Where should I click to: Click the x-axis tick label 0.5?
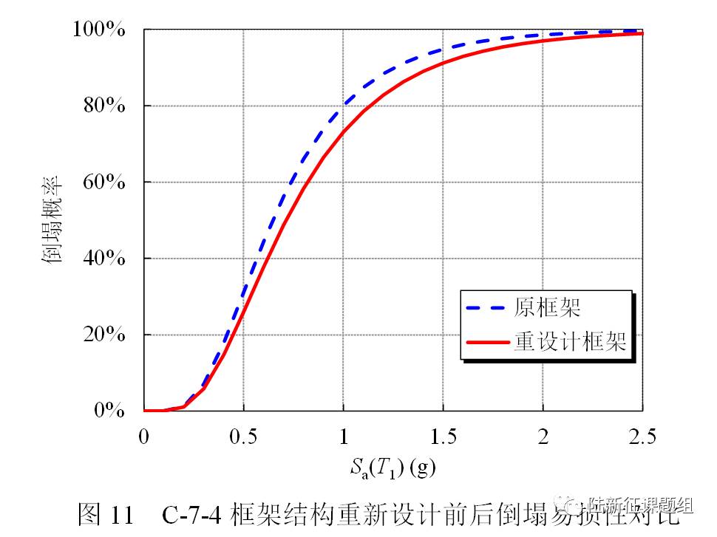pyautogui.click(x=243, y=437)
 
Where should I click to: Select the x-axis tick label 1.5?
pyautogui.click(x=443, y=437)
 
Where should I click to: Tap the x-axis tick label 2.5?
pyautogui.click(x=642, y=437)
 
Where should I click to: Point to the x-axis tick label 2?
pyautogui.click(x=543, y=437)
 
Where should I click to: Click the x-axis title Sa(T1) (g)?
pyautogui.click(x=393, y=467)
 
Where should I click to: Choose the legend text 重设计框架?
pyautogui.click(x=570, y=342)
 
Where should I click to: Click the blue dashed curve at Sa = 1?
pyautogui.click(x=343, y=109)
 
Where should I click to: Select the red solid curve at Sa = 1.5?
pyautogui.click(x=443, y=62)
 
